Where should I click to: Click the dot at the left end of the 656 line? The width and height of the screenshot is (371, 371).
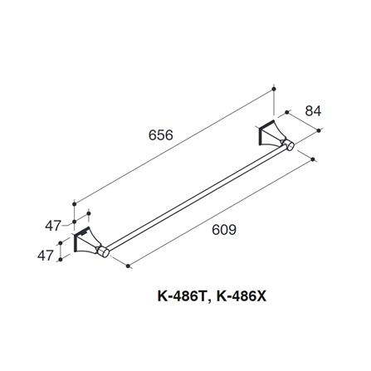pyautogui.click(x=76, y=202)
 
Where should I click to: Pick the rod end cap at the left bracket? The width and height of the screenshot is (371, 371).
pyautogui.click(x=104, y=251)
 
